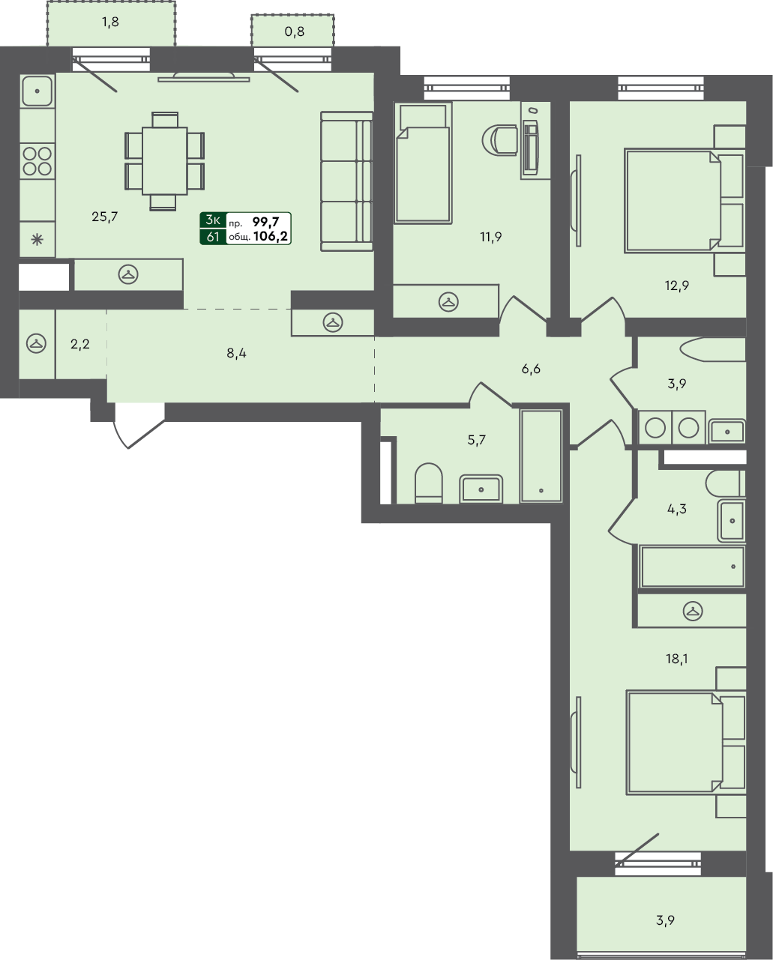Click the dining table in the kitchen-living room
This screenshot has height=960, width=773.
click(165, 160)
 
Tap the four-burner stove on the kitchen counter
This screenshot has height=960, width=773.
click(37, 161)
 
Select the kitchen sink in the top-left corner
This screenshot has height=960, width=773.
click(37, 91)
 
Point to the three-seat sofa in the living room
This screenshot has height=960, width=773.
click(347, 181)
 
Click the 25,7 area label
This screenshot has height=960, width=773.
click(104, 217)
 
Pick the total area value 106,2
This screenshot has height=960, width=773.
click(271, 236)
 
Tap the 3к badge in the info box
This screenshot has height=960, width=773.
click(213, 220)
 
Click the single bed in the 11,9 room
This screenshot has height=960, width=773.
click(423, 163)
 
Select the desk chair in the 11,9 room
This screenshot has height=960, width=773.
click(499, 140)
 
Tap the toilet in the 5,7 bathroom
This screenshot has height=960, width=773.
click(428, 483)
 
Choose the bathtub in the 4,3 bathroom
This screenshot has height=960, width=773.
click(692, 567)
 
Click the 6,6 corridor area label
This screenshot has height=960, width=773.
click(531, 369)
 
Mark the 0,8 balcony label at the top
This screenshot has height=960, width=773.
click(294, 31)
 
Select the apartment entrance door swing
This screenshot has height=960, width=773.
click(139, 426)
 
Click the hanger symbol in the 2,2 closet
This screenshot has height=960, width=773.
click(37, 344)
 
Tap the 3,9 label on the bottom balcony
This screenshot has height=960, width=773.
click(665, 920)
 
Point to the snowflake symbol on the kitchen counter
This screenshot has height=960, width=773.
click(37, 241)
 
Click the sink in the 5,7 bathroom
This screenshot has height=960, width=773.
click(481, 489)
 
